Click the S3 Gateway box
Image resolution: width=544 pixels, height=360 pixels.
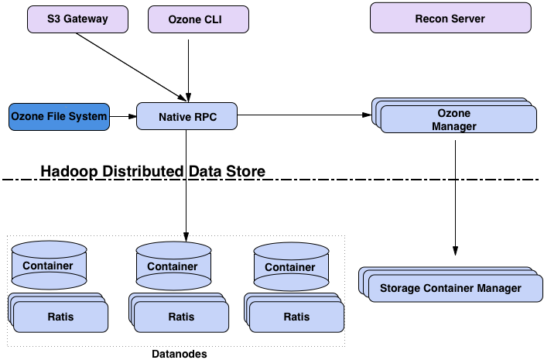pos(77,19)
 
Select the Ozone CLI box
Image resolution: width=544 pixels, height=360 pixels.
pos(198,19)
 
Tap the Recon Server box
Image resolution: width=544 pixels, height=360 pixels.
pos(450,19)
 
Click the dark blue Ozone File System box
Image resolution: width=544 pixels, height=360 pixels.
pos(59,117)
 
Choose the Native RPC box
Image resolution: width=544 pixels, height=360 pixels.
pos(186,117)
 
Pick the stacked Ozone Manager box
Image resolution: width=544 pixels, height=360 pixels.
pos(457,119)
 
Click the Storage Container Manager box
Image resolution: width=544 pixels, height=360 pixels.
pos(450,289)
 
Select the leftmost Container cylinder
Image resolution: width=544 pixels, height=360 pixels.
pos(48,265)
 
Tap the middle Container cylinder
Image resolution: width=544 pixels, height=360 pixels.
pos(173,266)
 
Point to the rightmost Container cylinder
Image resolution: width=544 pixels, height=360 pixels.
pos(290,267)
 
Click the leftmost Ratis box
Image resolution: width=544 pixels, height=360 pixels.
pos(60,316)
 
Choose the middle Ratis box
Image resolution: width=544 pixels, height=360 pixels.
pos(181,317)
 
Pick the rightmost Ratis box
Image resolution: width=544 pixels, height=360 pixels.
pos(296,317)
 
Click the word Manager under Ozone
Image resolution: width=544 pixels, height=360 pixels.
pos(454,126)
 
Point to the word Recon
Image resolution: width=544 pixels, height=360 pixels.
pos(431,19)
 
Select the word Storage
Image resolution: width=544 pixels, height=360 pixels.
pos(400,289)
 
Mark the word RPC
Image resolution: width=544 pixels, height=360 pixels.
pos(205,117)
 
